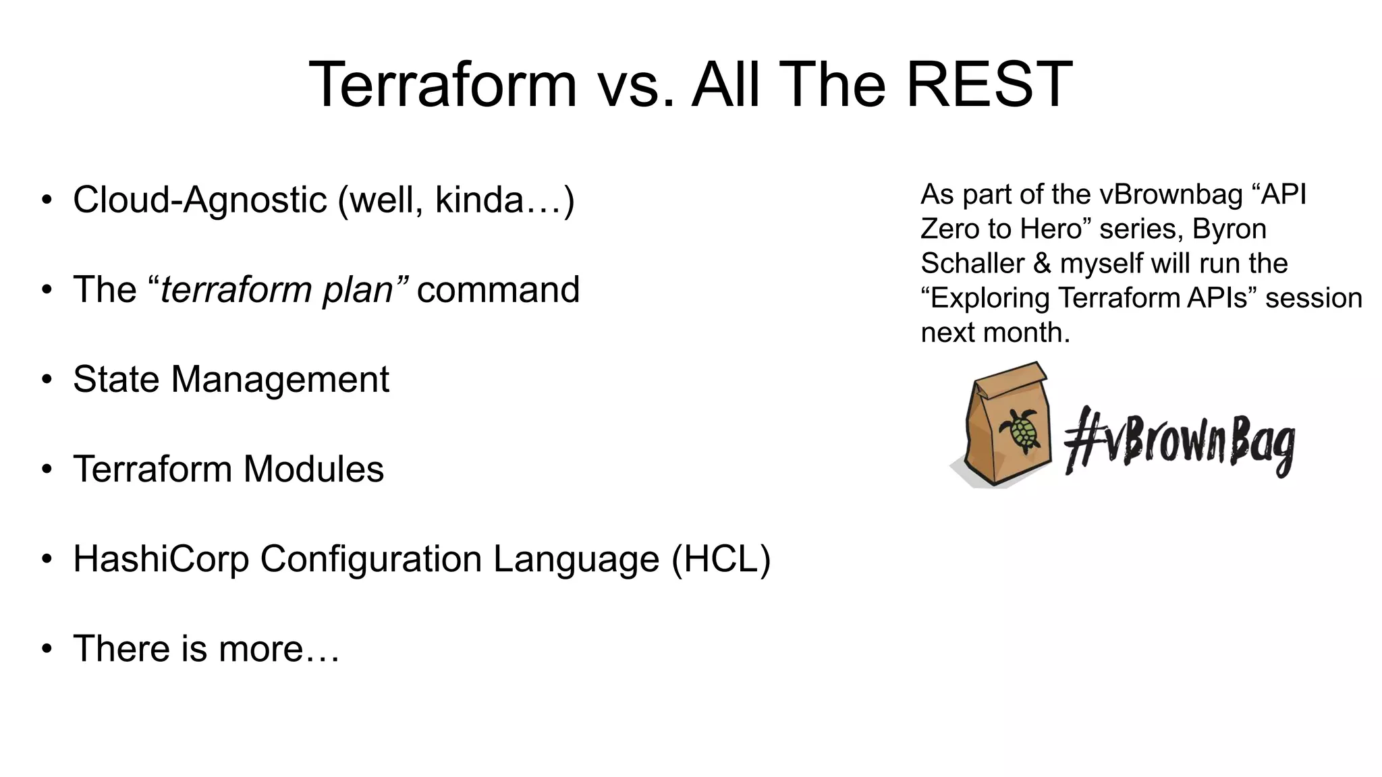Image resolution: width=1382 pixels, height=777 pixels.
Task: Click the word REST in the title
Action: (x=988, y=85)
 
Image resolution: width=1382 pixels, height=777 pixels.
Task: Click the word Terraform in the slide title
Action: (x=443, y=85)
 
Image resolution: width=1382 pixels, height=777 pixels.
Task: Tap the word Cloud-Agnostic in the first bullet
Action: (x=200, y=200)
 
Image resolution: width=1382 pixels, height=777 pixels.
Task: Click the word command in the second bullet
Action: (x=498, y=290)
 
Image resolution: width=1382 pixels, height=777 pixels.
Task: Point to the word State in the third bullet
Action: (x=116, y=379)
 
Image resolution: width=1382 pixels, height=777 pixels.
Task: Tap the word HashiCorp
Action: (x=161, y=559)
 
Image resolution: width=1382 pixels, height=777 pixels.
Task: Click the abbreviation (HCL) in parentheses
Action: (x=721, y=559)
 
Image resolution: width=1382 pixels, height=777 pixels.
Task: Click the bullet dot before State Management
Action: (x=46, y=380)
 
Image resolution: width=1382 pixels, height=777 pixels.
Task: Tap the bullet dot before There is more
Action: (x=46, y=649)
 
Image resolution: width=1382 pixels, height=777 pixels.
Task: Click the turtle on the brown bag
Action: (x=1020, y=430)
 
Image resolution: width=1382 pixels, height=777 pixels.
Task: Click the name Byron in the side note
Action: (x=1229, y=229)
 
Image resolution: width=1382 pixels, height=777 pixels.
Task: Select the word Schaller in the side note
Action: (x=972, y=263)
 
